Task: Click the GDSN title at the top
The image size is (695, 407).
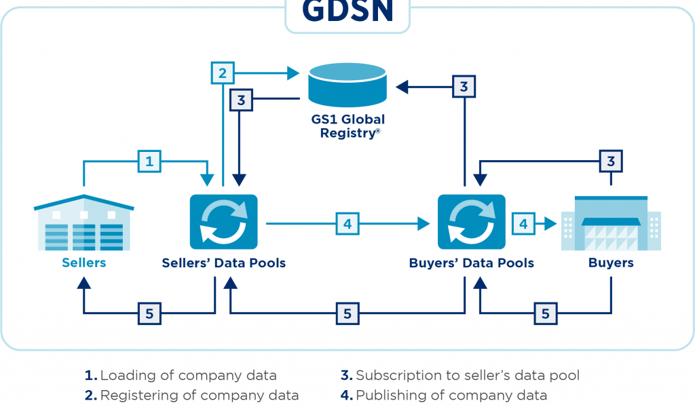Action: point(347,11)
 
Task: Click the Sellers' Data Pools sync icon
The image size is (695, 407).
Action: point(224,221)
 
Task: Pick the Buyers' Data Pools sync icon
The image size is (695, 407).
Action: point(472,221)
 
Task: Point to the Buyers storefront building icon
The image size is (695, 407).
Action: point(611,222)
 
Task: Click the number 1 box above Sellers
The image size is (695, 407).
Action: point(149,161)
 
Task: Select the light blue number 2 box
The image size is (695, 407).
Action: point(223,73)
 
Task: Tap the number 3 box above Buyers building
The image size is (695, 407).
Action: point(611,161)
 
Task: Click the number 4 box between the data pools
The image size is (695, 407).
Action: point(347,222)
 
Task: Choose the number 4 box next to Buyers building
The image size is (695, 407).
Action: point(523,222)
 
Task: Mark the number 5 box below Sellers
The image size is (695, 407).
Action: point(149,313)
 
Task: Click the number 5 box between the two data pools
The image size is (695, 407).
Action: point(347,313)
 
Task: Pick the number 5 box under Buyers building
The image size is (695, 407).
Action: point(544,313)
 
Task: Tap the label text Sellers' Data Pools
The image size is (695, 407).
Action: point(224,263)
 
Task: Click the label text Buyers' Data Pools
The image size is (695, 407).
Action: point(472,263)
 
